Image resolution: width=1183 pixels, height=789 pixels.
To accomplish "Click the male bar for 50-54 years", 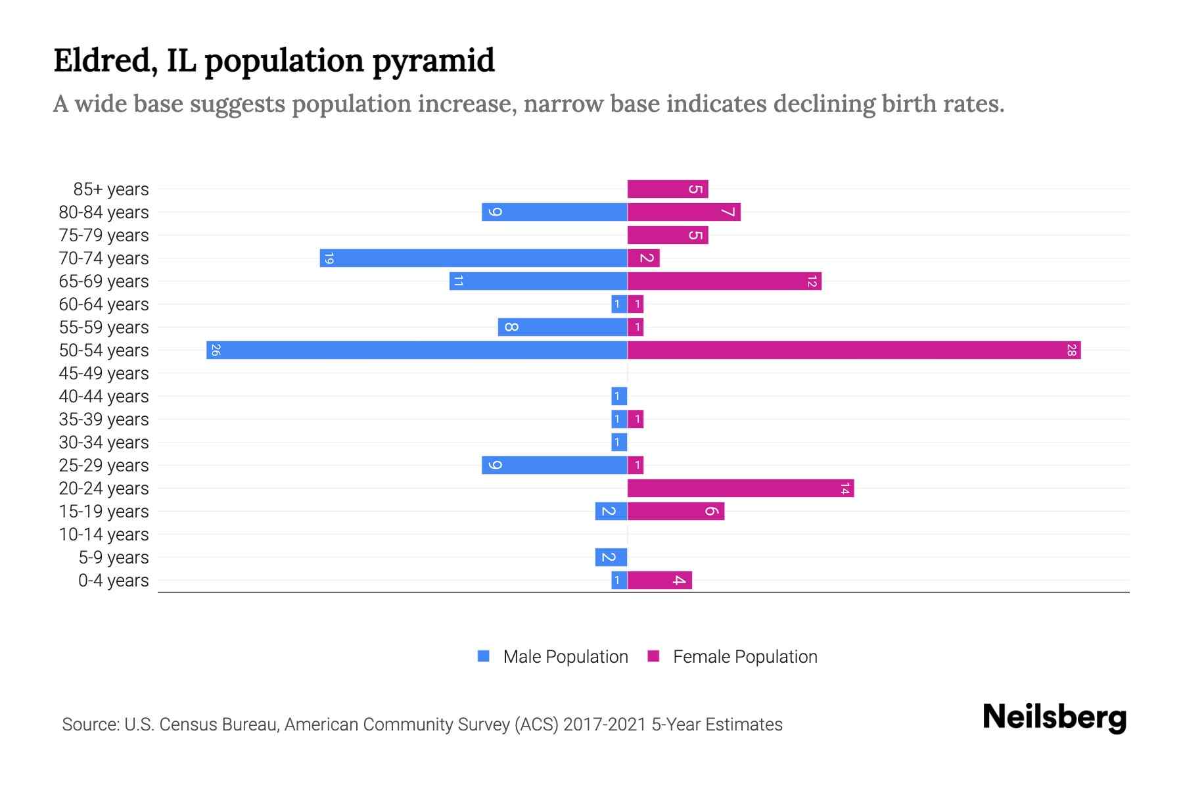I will pos(417,350).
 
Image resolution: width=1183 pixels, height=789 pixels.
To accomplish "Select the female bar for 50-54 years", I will pos(854,350).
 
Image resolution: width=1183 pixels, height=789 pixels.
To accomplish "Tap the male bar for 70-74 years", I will pos(473,258).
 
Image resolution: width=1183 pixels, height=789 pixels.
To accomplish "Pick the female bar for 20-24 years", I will pos(740,488).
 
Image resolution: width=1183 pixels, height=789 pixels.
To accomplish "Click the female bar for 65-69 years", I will pos(724,281).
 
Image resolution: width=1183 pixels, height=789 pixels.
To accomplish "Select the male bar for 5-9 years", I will pos(611,557).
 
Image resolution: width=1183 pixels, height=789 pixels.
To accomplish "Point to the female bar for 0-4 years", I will pos(659,580).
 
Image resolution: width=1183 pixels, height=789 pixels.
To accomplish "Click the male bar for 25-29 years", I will pos(554,465).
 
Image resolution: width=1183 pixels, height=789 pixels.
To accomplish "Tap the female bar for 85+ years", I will pos(667,189).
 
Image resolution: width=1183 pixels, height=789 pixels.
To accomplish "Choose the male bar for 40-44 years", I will pos(619,396).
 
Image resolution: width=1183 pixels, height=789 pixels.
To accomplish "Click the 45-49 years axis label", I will pos(104,373).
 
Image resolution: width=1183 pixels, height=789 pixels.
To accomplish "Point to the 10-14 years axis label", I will pos(104,535).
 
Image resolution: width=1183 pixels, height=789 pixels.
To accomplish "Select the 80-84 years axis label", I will pos(104,212).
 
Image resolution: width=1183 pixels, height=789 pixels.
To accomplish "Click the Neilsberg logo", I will pos(1054,717).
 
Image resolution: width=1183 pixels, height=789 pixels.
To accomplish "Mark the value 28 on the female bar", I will pos(1071,350).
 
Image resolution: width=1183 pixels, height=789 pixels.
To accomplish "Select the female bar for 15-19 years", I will pos(676,511).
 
